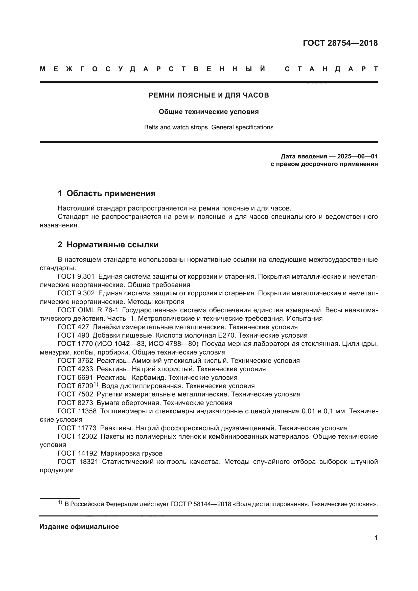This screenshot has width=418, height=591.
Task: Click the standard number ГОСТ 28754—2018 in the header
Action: point(340,43)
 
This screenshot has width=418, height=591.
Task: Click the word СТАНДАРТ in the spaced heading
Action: point(331,69)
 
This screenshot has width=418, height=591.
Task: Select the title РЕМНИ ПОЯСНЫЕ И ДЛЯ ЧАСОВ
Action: point(209,95)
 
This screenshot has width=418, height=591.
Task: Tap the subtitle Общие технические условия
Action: point(209,112)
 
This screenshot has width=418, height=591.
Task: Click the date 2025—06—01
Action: point(357,156)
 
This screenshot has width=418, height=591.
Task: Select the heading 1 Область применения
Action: point(107,193)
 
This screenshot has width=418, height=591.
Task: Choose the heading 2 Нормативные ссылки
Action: point(108,245)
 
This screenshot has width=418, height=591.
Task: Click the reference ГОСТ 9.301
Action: point(76,276)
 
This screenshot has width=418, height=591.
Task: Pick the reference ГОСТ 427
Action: point(73,327)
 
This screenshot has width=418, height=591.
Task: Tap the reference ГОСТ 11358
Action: point(77,411)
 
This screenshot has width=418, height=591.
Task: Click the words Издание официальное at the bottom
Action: point(79,527)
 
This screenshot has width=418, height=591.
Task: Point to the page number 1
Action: point(376,538)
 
